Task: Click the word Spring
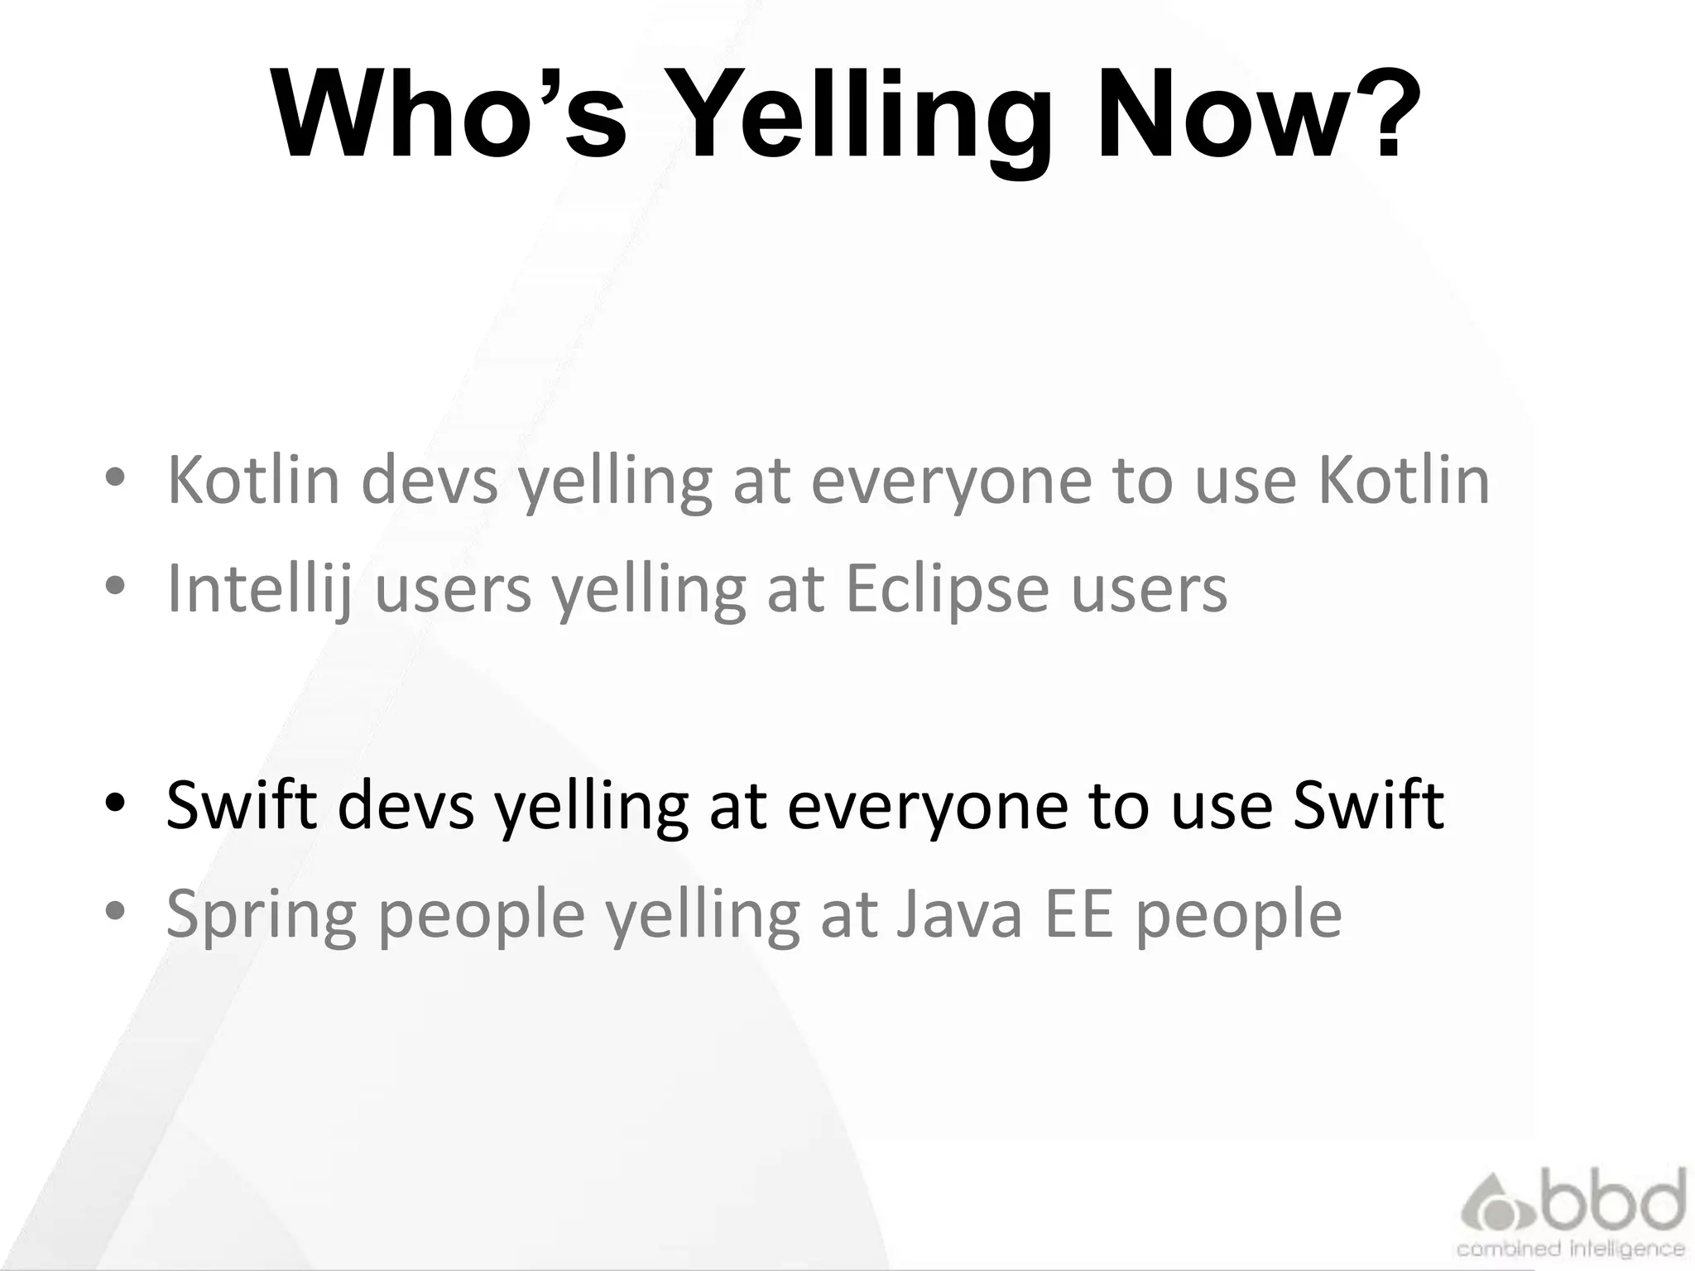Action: click(261, 915)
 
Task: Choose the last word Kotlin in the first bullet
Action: click(1403, 479)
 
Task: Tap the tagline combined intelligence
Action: click(1570, 1248)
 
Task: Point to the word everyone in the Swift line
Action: click(926, 805)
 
